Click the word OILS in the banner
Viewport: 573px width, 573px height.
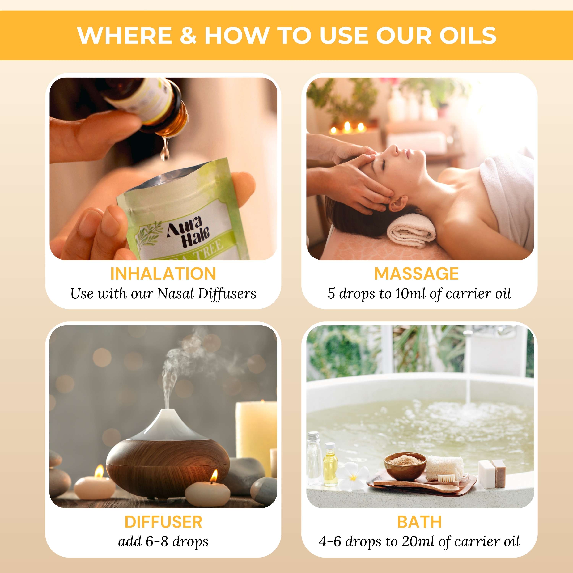[468, 35]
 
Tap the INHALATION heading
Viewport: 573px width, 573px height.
[163, 274]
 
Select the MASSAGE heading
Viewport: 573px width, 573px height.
[416, 274]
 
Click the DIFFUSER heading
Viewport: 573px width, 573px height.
[163, 522]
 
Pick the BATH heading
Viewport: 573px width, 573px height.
[419, 522]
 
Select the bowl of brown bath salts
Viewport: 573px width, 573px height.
[405, 466]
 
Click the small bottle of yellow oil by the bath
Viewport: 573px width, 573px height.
[330, 466]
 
